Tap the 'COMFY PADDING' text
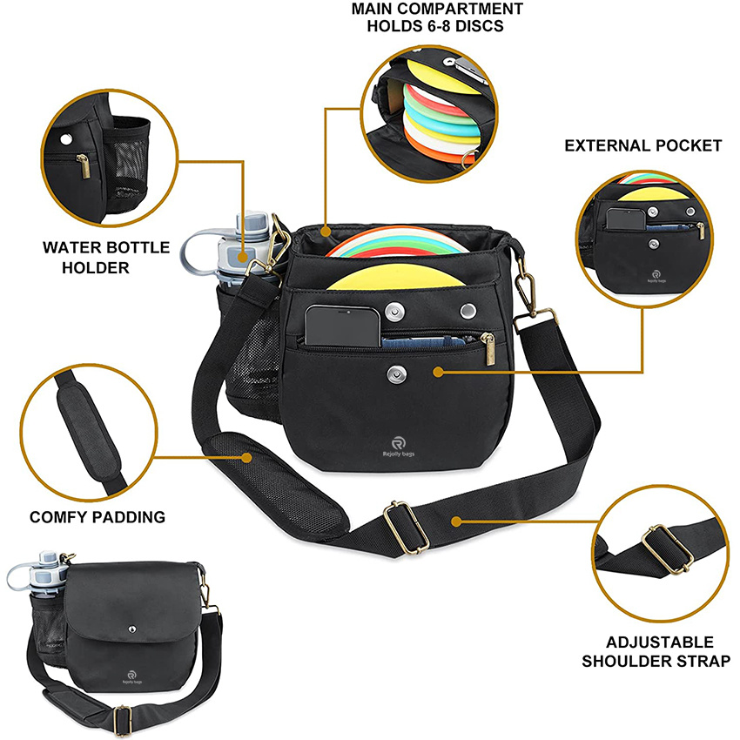98,517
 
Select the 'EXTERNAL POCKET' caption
642,145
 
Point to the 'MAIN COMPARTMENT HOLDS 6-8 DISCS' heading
437,17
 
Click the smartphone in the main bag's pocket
343,325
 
